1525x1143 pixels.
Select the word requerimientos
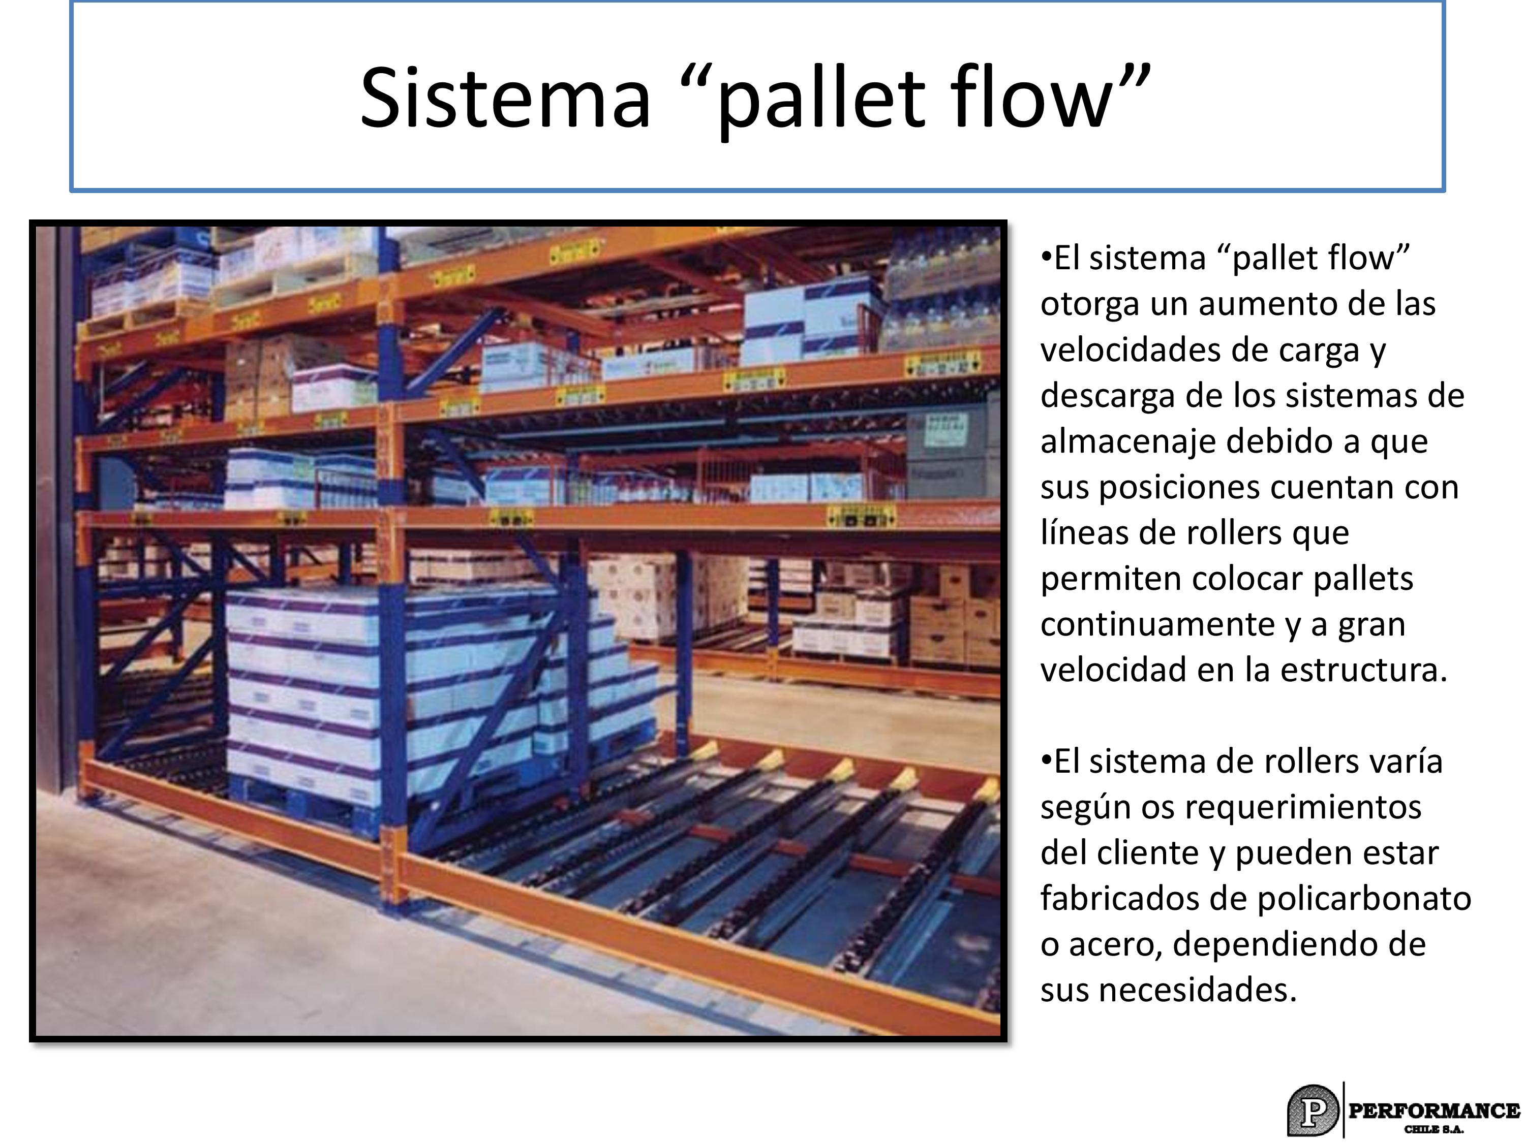[1303, 808]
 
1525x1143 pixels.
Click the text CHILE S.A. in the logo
[1434, 1129]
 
